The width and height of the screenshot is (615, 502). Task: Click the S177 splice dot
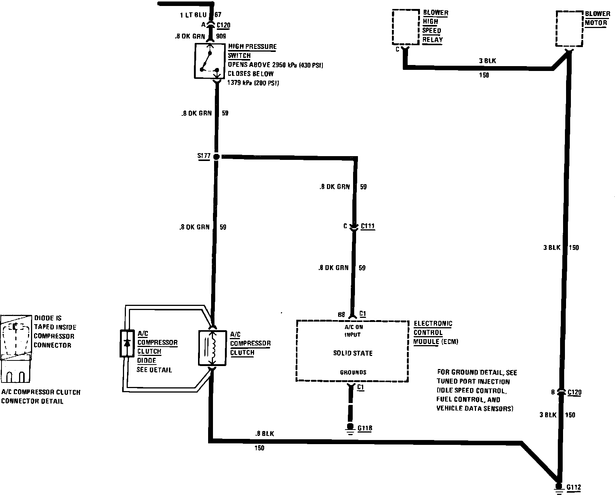[216, 157]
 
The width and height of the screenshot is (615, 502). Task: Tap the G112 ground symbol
[559, 489]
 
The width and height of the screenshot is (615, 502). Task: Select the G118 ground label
[365, 428]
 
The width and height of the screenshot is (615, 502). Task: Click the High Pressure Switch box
[210, 61]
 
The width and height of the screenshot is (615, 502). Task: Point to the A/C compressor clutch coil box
[212, 348]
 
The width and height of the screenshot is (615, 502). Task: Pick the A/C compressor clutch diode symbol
[127, 343]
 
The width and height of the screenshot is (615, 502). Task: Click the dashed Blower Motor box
[569, 29]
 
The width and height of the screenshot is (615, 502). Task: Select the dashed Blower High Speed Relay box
[405, 27]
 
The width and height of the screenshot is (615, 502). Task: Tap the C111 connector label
[368, 226]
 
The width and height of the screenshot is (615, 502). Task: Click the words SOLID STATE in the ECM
[353, 353]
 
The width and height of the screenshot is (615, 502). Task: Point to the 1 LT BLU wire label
[192, 15]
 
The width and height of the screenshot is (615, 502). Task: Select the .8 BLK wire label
[265, 434]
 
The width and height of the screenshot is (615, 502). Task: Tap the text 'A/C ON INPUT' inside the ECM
[352, 331]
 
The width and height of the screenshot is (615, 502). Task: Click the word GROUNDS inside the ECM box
[353, 372]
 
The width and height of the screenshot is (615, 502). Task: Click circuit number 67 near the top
[218, 15]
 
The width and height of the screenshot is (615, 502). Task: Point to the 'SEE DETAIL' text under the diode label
[154, 370]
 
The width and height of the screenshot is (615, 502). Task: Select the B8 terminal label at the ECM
[342, 314]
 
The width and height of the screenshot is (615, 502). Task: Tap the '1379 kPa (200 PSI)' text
[253, 83]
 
